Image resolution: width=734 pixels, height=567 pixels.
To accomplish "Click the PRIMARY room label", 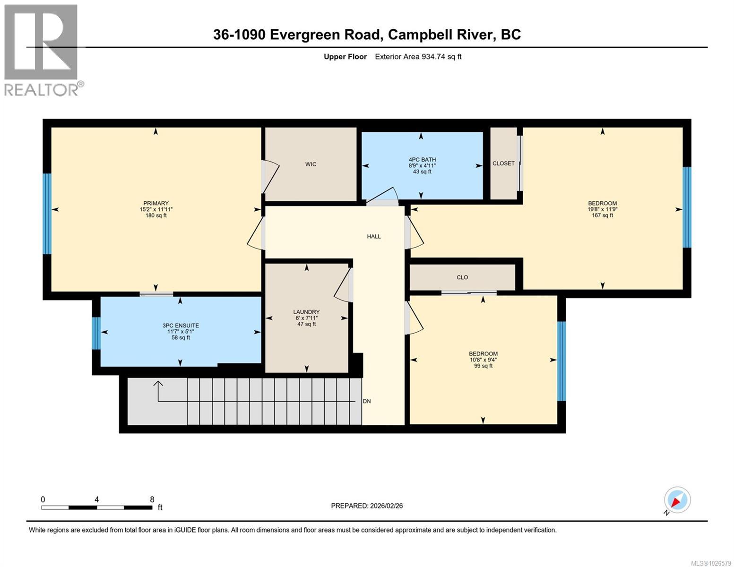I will tap(156, 203).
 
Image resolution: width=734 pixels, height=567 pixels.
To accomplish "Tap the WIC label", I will tap(311, 164).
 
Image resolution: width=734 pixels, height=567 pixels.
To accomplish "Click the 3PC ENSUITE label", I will tap(181, 326).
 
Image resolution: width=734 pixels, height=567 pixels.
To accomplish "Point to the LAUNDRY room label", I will tap(306, 312).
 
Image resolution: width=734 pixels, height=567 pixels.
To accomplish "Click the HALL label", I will tap(374, 236).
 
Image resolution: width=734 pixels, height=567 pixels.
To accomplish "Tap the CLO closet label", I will tap(462, 277).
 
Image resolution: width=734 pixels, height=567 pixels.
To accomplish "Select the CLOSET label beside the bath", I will tap(503, 163).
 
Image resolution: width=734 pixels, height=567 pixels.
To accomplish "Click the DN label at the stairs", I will tap(367, 401).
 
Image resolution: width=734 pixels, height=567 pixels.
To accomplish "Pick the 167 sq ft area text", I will tap(602, 215).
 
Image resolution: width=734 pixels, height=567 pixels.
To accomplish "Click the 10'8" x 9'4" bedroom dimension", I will tap(483, 360).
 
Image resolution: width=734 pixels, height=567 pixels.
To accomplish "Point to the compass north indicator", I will tap(677, 500).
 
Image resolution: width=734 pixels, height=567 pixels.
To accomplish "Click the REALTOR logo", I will tap(41, 50).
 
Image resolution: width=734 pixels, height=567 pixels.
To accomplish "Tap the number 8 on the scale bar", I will tap(152, 499).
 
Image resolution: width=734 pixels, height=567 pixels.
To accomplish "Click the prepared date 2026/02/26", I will tap(367, 506).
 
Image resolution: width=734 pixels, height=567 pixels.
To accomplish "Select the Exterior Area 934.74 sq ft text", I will tap(418, 57).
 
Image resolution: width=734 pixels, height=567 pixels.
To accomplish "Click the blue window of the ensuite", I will tap(96, 333).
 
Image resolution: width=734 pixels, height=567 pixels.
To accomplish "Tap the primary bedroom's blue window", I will tap(47, 214).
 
